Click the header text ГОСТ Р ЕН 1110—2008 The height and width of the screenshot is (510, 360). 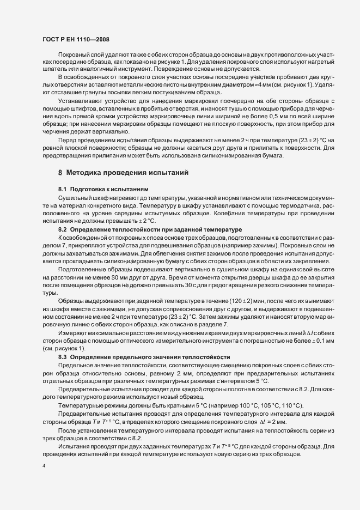pyautogui.click(x=78, y=40)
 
